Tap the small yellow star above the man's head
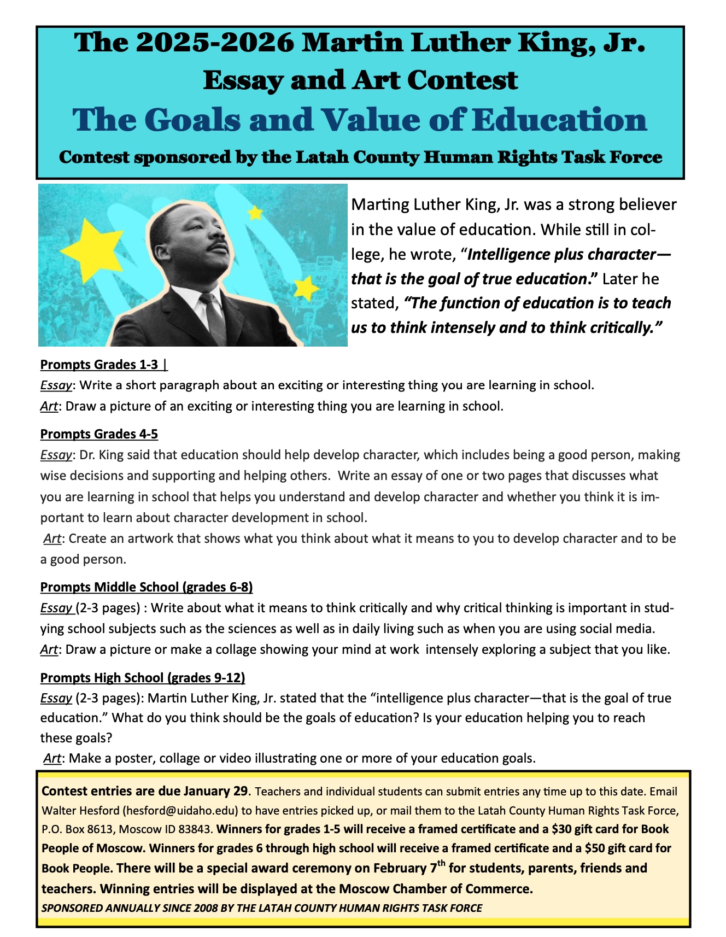(x=255, y=212)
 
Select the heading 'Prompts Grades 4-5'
(x=99, y=434)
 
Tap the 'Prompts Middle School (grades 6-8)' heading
(x=147, y=587)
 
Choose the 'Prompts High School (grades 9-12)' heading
(x=143, y=678)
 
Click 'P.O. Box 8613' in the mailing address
(x=77, y=829)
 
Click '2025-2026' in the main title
(x=212, y=43)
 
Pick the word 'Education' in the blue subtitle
(x=559, y=120)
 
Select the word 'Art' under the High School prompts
(x=52, y=758)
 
